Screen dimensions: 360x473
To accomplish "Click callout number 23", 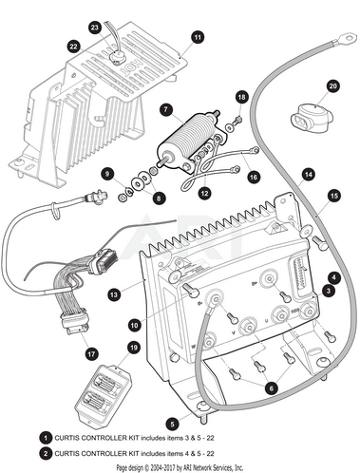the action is click(95, 28).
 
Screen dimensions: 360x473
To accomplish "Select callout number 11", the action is click(198, 37).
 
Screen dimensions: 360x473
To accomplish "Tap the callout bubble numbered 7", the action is click(166, 110).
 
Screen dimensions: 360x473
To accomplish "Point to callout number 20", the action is click(333, 86).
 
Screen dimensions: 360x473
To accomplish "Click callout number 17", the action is click(91, 353).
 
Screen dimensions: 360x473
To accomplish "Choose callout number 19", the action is click(134, 348).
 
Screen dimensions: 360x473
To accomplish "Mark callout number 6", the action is click(272, 388).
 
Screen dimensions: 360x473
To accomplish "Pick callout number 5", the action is click(172, 424).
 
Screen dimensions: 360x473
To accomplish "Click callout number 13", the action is click(114, 295).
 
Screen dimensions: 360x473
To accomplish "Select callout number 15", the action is click(334, 196).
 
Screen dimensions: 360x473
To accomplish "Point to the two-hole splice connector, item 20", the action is click(312, 121).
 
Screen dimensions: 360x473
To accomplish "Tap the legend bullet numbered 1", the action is click(46, 438).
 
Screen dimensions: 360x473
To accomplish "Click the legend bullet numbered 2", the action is click(46, 453).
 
